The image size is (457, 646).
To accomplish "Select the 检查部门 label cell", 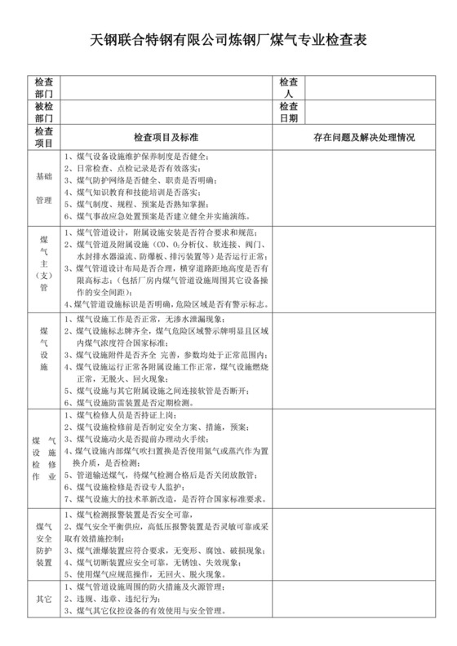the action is tap(43, 89).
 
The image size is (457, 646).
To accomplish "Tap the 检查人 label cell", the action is tap(288, 89).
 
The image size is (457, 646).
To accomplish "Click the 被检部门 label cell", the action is tap(43, 113).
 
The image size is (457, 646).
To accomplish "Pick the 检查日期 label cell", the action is tap(288, 113).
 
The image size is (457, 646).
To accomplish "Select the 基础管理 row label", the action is tap(43, 188).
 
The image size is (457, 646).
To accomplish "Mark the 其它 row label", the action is tap(43, 599).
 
